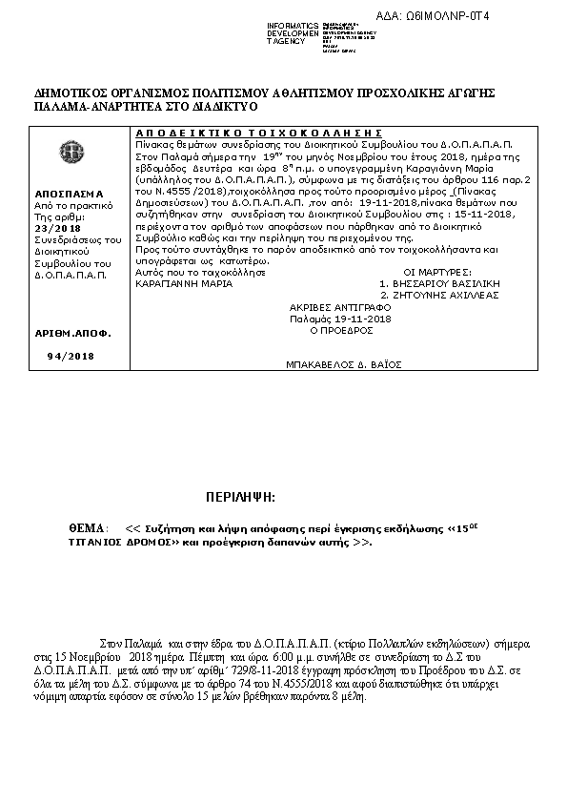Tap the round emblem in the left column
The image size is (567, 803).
click(70, 151)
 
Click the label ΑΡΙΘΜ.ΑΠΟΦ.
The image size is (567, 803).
click(72, 334)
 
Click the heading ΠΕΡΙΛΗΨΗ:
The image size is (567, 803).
click(240, 498)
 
